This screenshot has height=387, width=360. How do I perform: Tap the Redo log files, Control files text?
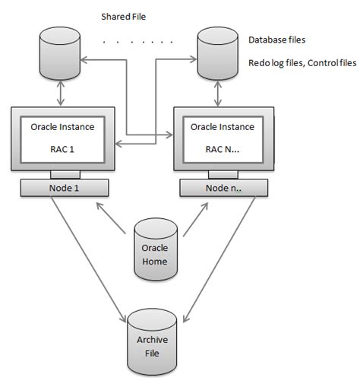[300, 63]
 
